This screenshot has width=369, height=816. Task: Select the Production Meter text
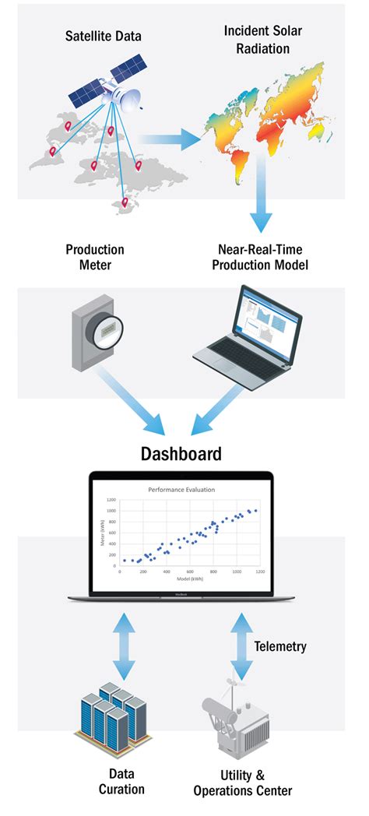coord(95,258)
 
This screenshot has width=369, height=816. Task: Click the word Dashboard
coord(181,454)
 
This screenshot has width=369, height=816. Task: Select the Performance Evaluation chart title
coord(181,490)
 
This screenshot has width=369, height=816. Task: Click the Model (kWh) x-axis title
coord(185,579)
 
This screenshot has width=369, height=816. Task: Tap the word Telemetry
coord(280,646)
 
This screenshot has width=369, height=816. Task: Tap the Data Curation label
coord(121,781)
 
